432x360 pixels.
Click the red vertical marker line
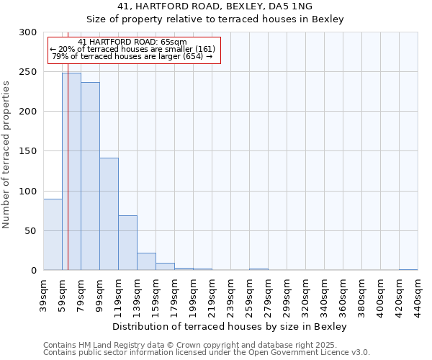coord(68,144)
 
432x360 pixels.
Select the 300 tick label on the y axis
coord(28,32)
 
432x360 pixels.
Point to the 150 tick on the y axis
coord(28,151)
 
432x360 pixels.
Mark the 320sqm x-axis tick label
coord(306,295)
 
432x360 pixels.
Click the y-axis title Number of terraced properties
coord(6,154)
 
